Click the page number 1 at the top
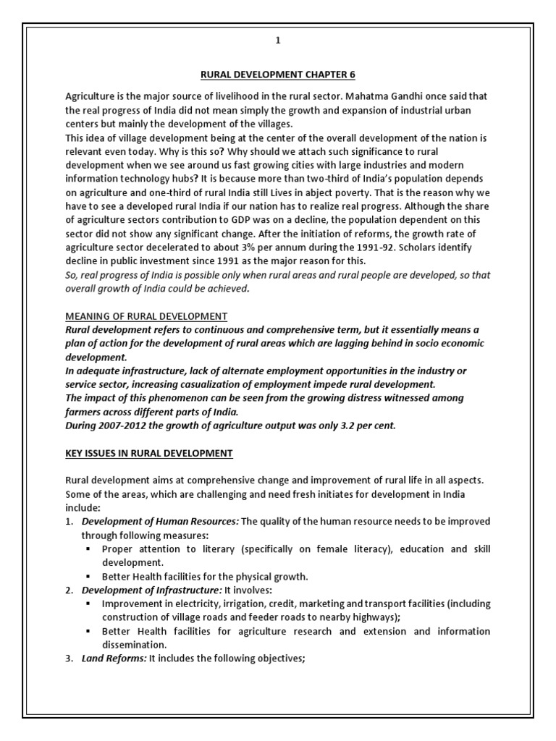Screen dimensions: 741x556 [x=277, y=41]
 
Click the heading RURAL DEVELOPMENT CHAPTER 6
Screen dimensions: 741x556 [x=277, y=75]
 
